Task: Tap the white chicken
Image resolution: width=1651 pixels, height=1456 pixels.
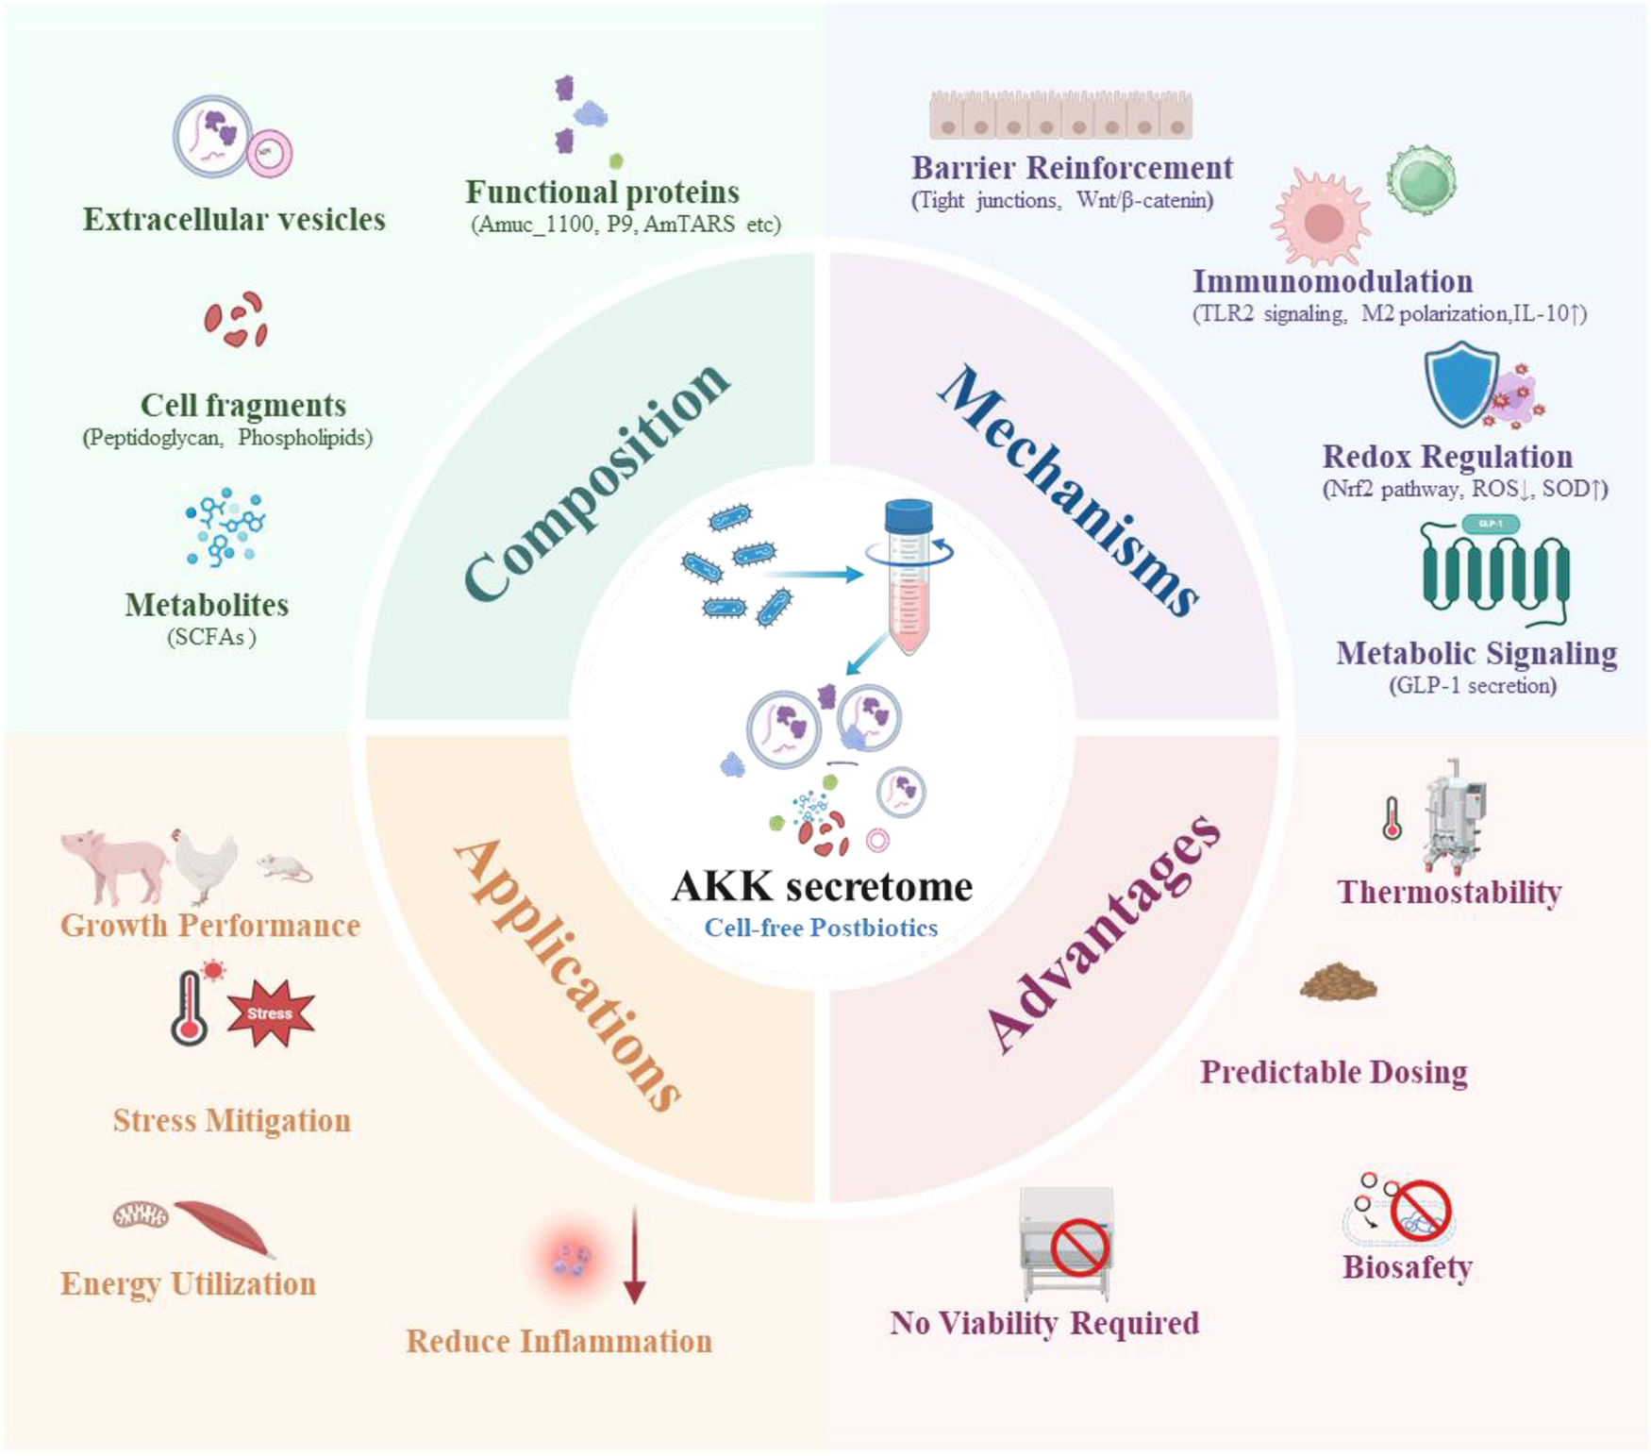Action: point(205,864)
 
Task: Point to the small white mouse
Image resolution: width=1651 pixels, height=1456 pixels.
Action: point(284,867)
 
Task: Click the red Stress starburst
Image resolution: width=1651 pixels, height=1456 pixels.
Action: point(270,1013)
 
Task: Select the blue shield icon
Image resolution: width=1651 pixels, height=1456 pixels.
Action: point(1460,384)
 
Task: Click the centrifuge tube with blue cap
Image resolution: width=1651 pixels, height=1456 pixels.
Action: point(909,577)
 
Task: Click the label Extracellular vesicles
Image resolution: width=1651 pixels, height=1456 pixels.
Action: point(234,219)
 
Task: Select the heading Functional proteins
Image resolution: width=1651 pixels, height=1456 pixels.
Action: point(602,192)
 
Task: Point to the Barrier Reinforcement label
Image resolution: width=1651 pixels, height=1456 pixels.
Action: point(1072,167)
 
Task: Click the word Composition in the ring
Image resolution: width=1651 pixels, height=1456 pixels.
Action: point(596,481)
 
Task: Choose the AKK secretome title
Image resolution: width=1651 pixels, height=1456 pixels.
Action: point(822,886)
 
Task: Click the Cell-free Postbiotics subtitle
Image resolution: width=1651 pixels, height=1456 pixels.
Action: point(821,928)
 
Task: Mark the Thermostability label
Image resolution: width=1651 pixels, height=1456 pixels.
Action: point(1449,892)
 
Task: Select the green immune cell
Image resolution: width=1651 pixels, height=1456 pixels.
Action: point(1421,180)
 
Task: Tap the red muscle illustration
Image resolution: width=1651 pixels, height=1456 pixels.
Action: point(225,1228)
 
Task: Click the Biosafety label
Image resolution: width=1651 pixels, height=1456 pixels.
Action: point(1408,1267)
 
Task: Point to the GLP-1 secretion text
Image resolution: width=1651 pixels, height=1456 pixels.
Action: point(1473,685)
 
